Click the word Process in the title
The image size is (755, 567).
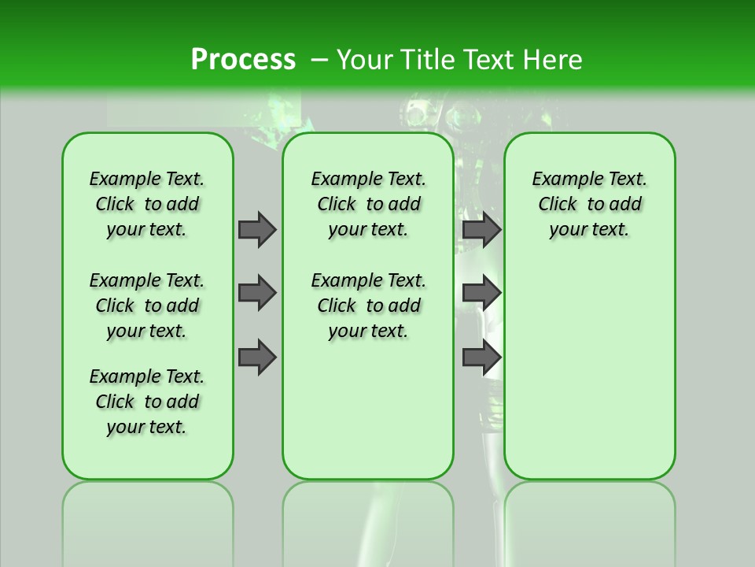(243, 60)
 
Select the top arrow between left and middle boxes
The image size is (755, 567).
(257, 229)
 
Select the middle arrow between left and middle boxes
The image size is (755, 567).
(257, 293)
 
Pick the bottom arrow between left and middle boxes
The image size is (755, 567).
(257, 358)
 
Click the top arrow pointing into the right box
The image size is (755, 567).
(481, 229)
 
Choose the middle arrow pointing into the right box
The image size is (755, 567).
(481, 293)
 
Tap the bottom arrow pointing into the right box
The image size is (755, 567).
(481, 358)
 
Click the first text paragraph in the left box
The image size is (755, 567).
(147, 204)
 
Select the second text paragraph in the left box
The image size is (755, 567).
(147, 306)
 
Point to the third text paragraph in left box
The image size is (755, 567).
(147, 402)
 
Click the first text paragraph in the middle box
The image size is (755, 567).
(368, 204)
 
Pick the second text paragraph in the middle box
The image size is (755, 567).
(368, 306)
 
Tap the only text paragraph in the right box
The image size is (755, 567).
(589, 204)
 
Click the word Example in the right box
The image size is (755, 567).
(562, 180)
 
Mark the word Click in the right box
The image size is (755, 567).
(558, 205)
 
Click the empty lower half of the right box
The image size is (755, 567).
(589, 378)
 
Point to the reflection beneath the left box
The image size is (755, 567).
(148, 512)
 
